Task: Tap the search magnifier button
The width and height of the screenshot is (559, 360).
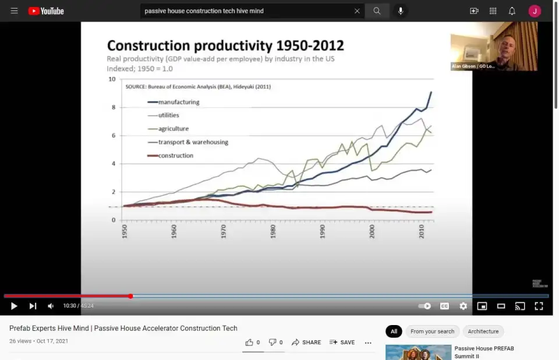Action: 377,11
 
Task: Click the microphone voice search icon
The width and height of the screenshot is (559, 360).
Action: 401,11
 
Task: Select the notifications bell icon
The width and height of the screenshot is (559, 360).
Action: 512,11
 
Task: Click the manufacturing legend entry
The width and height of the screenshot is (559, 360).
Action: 178,102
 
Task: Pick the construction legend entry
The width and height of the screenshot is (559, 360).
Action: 175,156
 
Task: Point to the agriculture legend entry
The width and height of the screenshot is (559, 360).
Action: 173,129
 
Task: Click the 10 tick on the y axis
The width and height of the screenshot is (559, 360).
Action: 112,79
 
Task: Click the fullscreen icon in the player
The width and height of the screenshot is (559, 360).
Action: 539,306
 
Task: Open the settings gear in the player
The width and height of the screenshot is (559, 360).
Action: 463,306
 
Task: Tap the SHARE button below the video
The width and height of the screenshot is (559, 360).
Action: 306,343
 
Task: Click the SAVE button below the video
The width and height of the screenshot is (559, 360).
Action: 342,343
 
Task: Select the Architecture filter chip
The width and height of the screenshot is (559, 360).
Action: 483,331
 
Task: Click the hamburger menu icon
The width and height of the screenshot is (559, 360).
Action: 14,11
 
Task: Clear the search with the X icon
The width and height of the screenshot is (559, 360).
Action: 357,11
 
